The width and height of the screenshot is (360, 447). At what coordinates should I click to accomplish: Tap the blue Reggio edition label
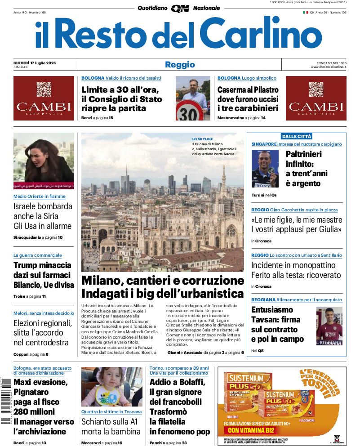180,65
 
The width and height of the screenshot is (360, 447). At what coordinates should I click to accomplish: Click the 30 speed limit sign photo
192,98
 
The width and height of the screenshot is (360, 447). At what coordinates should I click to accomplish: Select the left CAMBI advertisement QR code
44,89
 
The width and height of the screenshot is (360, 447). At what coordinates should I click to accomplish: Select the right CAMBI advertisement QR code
316,89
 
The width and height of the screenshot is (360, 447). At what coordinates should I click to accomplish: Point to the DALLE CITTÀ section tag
296,136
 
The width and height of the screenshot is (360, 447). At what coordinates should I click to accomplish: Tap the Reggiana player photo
329,326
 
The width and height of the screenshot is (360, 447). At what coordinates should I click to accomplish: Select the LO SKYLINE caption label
203,139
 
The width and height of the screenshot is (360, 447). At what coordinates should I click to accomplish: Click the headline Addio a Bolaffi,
177,383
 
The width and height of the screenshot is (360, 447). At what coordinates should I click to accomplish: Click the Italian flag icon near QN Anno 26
305,12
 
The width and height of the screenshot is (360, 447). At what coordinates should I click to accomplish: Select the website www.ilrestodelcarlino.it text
328,67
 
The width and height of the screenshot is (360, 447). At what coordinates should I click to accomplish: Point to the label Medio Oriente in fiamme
39,197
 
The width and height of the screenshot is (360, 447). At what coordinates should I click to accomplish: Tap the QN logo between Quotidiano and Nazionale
180,8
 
